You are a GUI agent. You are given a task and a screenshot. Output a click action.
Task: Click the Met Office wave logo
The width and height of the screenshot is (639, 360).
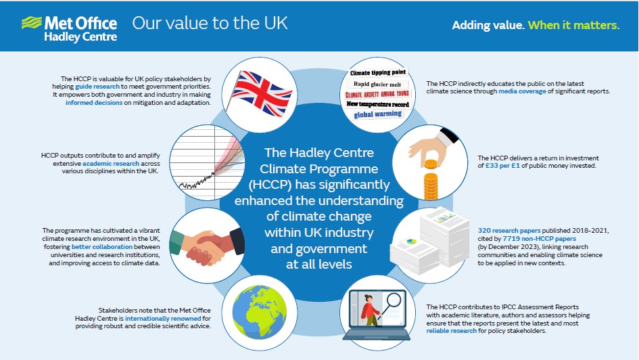32,22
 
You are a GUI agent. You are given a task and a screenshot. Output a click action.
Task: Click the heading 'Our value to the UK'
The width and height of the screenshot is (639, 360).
210,23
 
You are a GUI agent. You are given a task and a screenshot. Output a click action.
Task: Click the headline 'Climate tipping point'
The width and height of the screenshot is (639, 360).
377,72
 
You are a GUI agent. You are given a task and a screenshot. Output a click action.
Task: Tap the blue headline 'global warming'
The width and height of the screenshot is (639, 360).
377,114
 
